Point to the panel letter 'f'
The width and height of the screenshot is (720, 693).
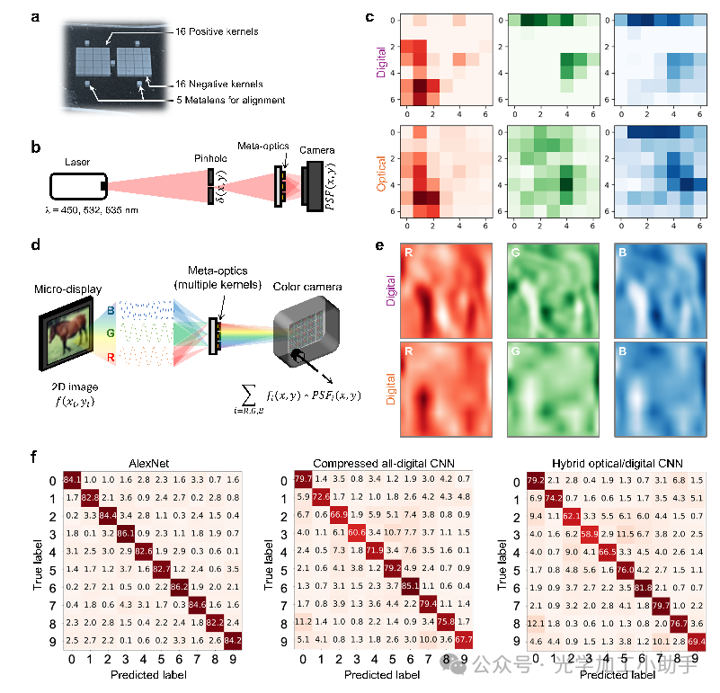(33, 457)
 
